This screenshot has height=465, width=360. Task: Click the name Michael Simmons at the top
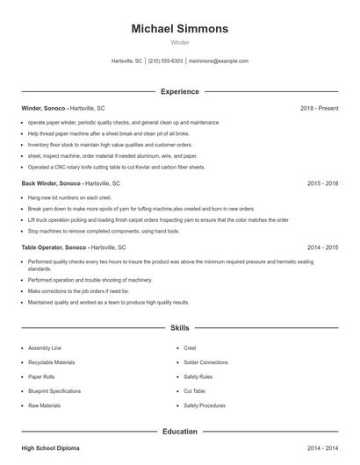click(x=179, y=28)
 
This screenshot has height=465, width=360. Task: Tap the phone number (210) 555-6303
click(x=165, y=61)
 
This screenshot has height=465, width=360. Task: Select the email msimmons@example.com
click(x=219, y=61)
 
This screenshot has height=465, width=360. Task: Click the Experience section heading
click(x=179, y=91)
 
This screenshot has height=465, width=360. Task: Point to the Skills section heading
click(x=179, y=328)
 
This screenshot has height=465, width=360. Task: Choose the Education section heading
click(x=179, y=432)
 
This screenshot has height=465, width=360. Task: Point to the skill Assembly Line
click(x=45, y=347)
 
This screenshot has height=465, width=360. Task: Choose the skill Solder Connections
click(x=205, y=362)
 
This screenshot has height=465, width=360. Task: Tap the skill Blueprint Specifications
click(x=54, y=391)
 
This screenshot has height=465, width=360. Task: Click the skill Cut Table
click(x=194, y=391)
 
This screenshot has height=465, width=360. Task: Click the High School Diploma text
click(x=50, y=448)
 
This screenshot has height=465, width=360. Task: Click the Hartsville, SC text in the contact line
click(x=127, y=61)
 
